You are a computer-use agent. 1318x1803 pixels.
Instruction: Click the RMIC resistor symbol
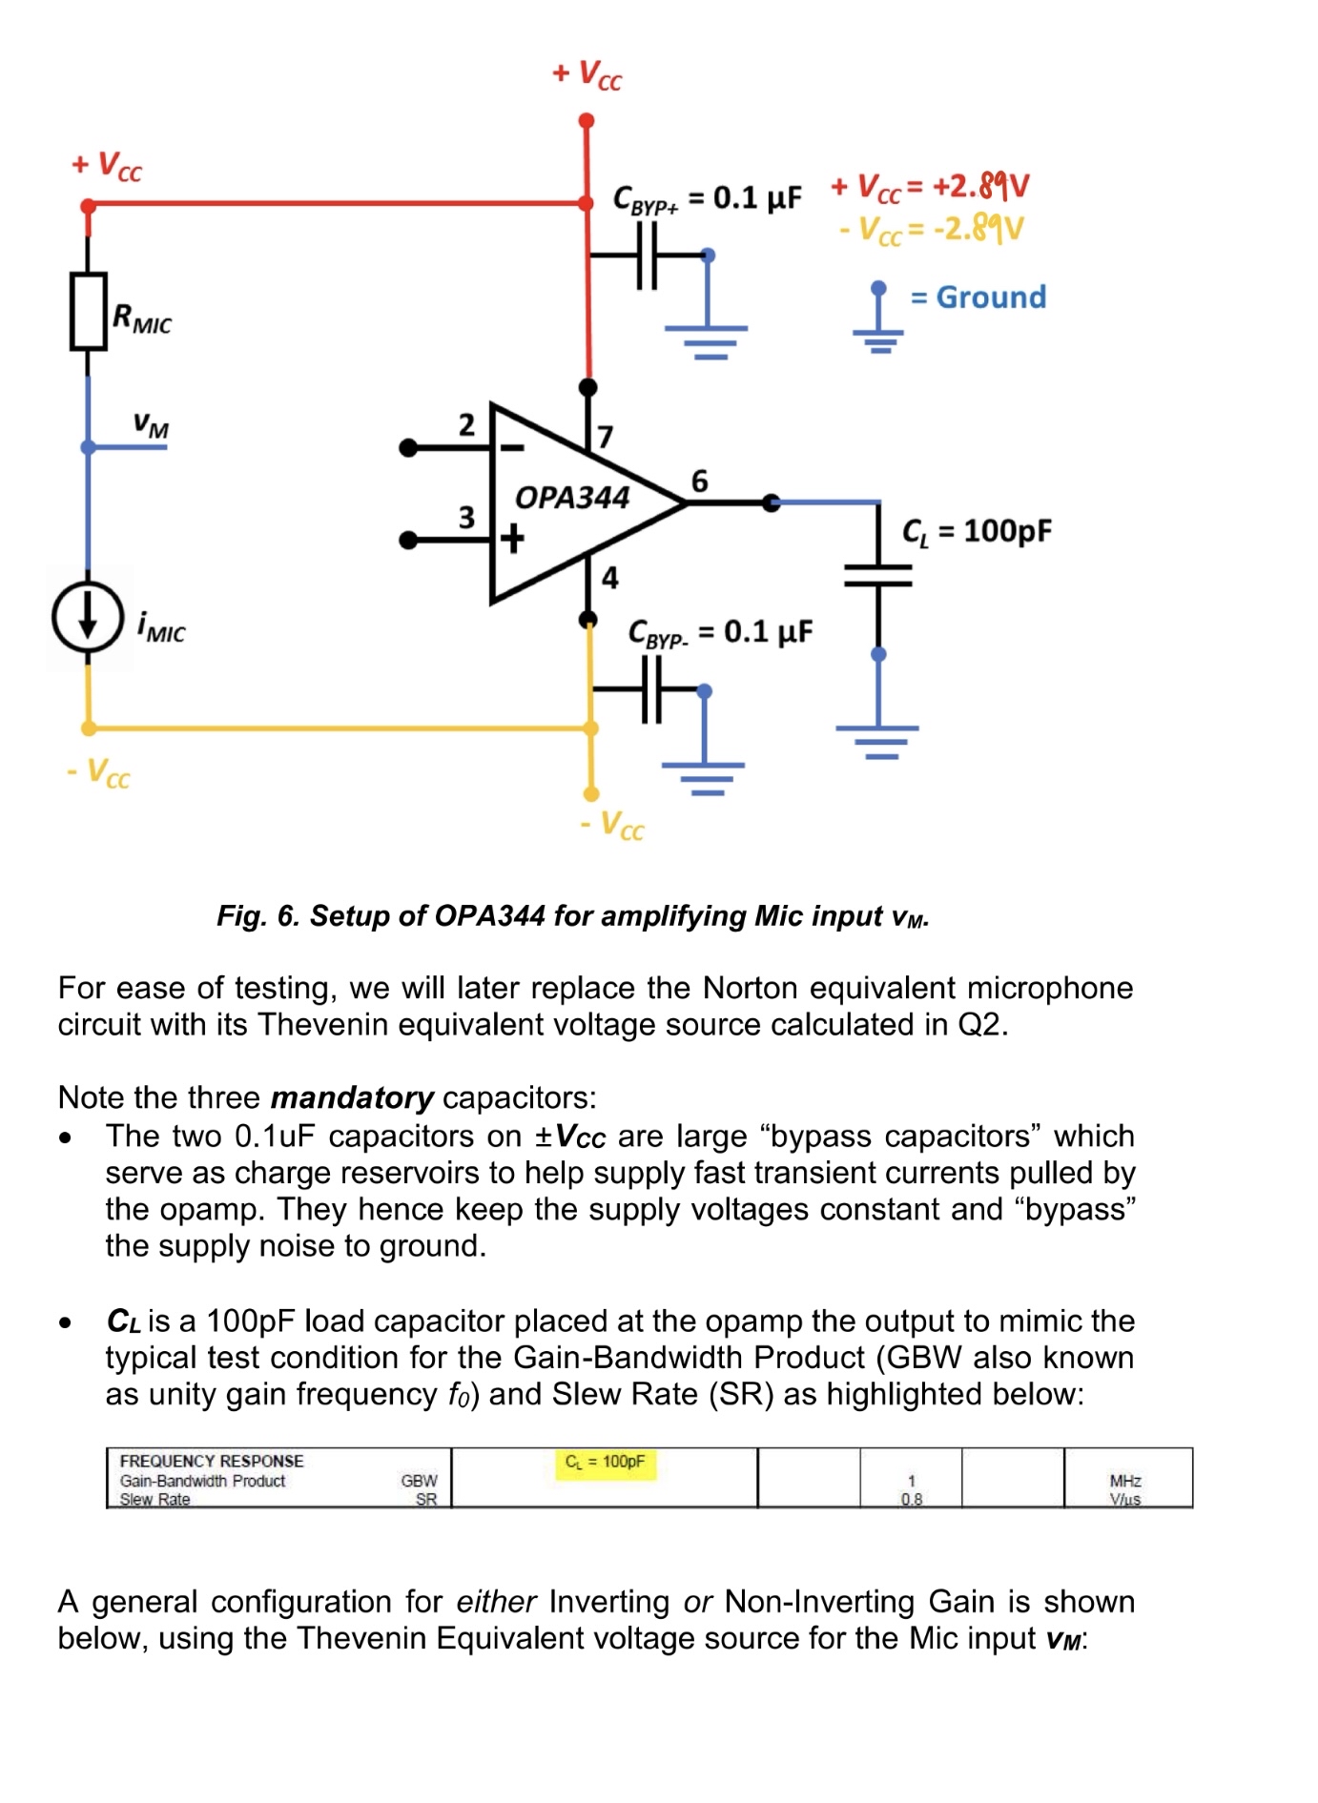tap(88, 312)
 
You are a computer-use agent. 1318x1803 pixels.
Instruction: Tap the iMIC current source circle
tap(88, 618)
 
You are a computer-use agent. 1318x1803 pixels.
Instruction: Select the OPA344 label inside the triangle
tap(572, 497)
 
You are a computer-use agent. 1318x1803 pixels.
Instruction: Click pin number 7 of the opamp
tap(605, 437)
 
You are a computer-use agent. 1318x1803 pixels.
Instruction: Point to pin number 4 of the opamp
tap(609, 577)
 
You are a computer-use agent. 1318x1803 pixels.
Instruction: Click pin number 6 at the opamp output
tap(699, 481)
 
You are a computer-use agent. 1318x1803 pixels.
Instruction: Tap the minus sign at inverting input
tap(512, 447)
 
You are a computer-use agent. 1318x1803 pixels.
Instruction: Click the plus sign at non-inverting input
tap(513, 539)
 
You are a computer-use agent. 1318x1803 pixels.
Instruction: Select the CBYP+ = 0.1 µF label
tap(707, 198)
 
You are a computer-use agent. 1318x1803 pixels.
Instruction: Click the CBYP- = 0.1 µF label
tap(720, 632)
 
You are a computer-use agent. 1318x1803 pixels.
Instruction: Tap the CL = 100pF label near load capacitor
tap(977, 531)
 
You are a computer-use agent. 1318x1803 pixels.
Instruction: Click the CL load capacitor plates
tap(878, 575)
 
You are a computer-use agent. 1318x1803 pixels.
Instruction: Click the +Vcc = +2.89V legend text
tap(930, 186)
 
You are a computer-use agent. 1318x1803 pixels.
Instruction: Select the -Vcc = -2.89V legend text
tap(931, 229)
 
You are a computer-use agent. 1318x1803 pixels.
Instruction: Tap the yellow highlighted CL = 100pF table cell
tap(605, 1463)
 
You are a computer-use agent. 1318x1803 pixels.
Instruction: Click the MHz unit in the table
tap(1125, 1481)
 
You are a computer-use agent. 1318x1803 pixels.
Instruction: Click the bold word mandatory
tap(352, 1097)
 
